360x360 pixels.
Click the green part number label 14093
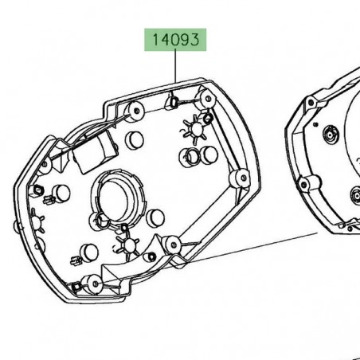(x=174, y=40)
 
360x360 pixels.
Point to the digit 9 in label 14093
(x=183, y=40)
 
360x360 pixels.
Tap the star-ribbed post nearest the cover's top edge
(x=194, y=127)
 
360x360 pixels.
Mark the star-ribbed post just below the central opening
(x=126, y=240)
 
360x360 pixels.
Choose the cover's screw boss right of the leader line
(x=207, y=98)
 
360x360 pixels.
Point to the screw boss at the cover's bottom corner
(x=92, y=280)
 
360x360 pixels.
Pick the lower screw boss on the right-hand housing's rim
(x=303, y=184)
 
